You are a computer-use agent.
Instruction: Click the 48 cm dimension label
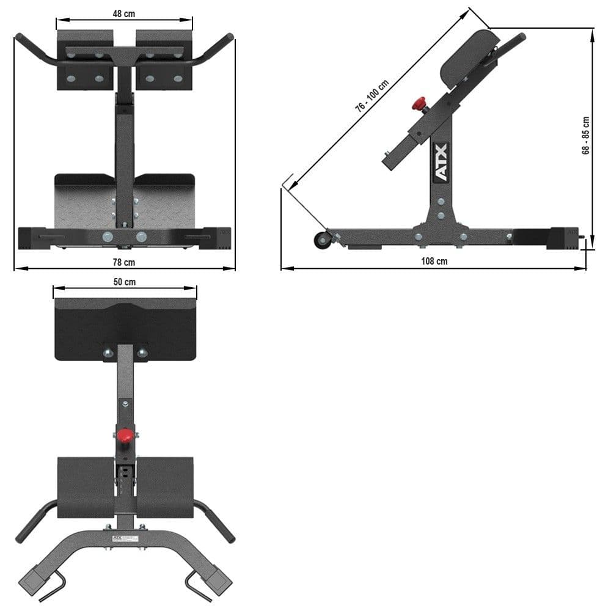click(125, 14)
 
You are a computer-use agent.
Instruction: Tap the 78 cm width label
click(125, 262)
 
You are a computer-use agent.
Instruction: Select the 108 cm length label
click(434, 261)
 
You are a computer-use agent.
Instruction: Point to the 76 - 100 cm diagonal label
click(373, 97)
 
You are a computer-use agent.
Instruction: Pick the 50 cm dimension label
click(125, 282)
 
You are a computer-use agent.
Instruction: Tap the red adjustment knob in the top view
click(125, 436)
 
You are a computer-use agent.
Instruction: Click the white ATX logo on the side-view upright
click(441, 163)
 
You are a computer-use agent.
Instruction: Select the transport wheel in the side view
click(322, 240)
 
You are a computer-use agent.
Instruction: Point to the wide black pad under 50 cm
click(125, 327)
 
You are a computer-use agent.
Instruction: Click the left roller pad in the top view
click(86, 486)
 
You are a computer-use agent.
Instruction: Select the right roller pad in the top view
click(166, 486)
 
